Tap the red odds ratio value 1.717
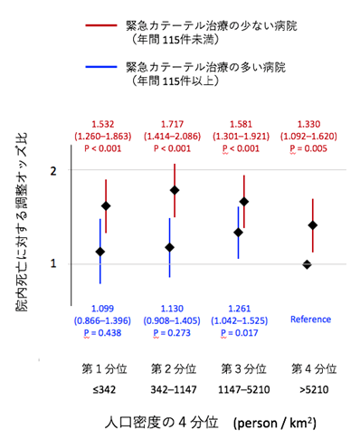(x=175, y=121)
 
